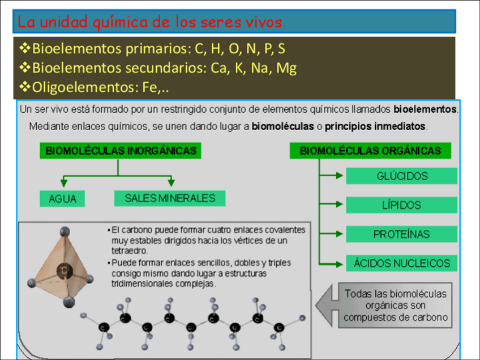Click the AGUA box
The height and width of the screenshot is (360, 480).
coord(63,199)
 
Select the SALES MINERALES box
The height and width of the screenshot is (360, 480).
coord(170,198)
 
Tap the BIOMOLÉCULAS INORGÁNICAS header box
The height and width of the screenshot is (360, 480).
coord(121,151)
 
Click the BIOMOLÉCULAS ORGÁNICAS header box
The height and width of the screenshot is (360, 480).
coord(370,151)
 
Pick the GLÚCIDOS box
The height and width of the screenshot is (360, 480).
coord(401,176)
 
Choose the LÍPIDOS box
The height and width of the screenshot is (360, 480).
coord(401,205)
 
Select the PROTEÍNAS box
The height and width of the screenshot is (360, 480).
coord(401,234)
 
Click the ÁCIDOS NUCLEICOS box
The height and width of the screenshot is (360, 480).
coord(401,263)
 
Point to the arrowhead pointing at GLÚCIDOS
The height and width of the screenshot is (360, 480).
coord(339,176)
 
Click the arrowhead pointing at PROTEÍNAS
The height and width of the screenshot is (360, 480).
coord(339,234)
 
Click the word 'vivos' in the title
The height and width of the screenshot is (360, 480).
coord(262,22)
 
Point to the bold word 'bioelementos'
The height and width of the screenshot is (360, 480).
coord(426,108)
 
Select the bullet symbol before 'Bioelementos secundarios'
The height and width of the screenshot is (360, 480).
coord(25,68)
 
